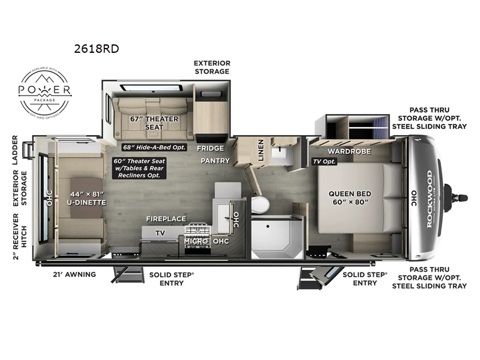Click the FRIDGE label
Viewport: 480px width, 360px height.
[211, 148]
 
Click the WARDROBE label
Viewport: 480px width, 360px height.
[344, 151]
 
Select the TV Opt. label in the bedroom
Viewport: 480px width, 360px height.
[325, 162]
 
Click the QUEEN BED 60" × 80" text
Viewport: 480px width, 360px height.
[350, 198]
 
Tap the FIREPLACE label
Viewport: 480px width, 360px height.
[166, 219]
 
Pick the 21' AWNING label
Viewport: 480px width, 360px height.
[74, 274]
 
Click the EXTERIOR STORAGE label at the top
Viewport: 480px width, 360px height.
[211, 67]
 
